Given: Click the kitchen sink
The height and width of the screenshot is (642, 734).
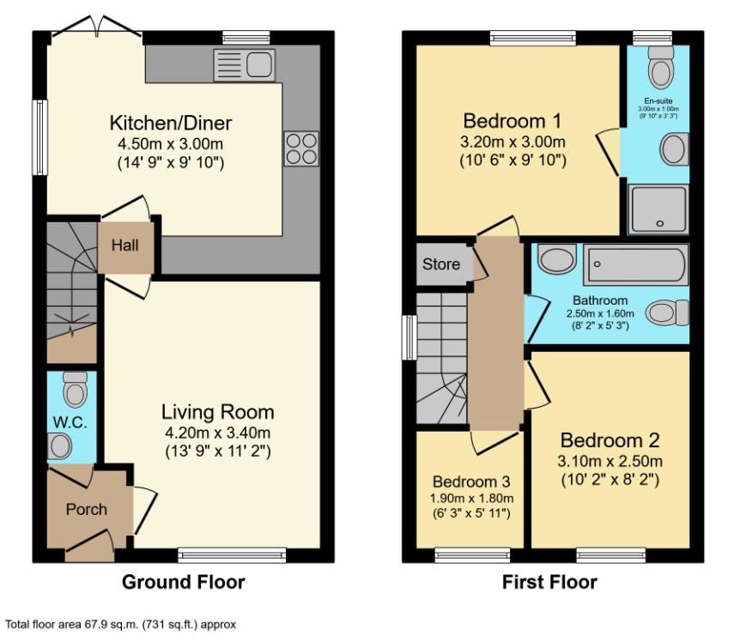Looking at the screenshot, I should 244,64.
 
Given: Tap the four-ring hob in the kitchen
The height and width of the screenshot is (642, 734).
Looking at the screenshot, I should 300,148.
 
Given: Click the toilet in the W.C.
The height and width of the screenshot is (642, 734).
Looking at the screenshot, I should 75,392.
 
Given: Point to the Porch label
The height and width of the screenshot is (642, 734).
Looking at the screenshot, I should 87,509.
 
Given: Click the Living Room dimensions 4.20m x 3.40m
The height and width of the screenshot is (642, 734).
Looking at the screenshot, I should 218,432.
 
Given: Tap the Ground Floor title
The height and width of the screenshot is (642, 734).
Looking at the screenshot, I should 183,583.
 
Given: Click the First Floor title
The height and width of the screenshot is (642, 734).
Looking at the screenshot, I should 549,583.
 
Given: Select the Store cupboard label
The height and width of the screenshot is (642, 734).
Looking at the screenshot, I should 440,264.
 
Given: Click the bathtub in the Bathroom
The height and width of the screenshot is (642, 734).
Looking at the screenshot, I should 635,265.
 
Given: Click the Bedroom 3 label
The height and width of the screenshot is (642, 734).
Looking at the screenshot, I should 471,481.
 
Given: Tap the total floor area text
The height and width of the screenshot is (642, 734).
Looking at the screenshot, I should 120,625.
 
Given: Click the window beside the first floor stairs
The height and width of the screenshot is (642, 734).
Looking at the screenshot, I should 409,336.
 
